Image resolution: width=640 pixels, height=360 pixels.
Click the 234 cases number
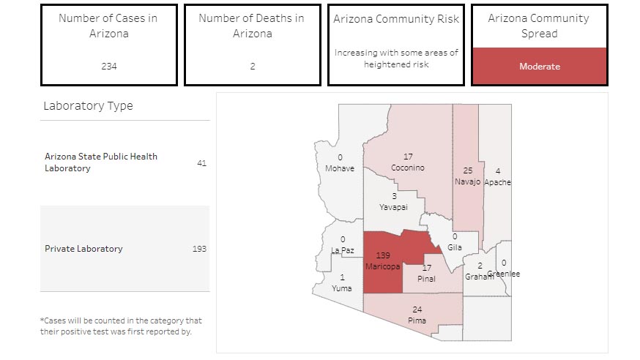pyautogui.click(x=108, y=67)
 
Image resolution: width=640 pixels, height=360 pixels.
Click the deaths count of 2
pyautogui.click(x=252, y=67)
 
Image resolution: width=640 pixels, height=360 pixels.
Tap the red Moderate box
pyautogui.click(x=539, y=67)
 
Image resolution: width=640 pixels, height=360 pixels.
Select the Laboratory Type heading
pyautogui.click(x=88, y=106)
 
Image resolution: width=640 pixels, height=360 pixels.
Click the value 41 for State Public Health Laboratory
pyautogui.click(x=201, y=162)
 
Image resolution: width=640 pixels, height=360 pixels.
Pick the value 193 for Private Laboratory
pyautogui.click(x=199, y=249)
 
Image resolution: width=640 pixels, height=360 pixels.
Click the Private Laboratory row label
pyautogui.click(x=83, y=249)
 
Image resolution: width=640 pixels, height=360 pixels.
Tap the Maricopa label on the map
pyautogui.click(x=383, y=266)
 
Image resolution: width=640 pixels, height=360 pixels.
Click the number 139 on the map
pyautogui.click(x=383, y=255)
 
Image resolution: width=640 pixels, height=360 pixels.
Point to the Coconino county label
pyautogui.click(x=408, y=168)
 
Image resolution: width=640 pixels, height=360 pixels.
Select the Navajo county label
pyautogui.click(x=467, y=181)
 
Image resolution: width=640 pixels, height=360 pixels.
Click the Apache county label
pyautogui.click(x=497, y=182)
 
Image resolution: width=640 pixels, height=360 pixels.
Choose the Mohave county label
pyautogui.click(x=340, y=168)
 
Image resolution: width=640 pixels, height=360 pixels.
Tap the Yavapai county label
pyautogui.click(x=393, y=208)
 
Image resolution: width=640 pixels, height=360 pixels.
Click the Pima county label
pyautogui.click(x=417, y=320)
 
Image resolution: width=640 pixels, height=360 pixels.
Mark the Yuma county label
pyautogui.click(x=342, y=288)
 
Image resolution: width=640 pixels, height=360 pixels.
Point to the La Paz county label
pyautogui.click(x=343, y=250)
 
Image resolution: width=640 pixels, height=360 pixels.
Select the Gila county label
pyautogui.click(x=454, y=247)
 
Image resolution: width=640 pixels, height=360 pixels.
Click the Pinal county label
pyautogui.click(x=426, y=279)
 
